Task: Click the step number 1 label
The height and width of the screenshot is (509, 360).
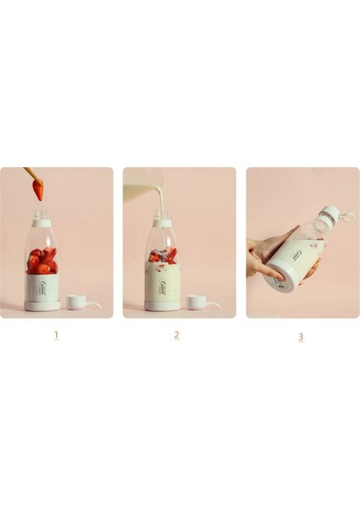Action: tap(56, 334)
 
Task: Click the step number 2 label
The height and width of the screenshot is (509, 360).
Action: tap(177, 334)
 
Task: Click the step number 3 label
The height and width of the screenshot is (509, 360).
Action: tap(300, 336)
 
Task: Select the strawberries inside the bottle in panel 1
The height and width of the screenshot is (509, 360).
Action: tap(41, 260)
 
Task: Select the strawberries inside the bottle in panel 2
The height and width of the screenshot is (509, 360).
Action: tap(163, 255)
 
